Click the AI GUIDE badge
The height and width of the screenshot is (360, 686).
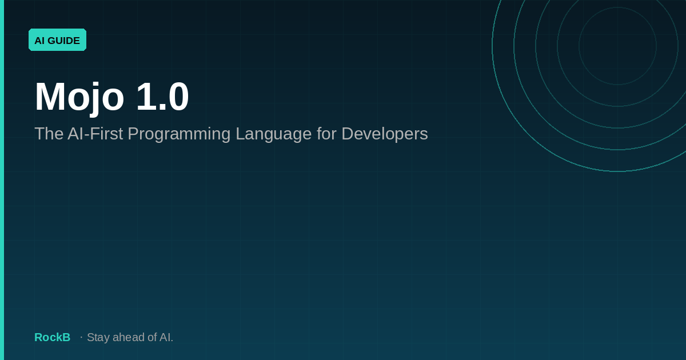pyautogui.click(x=57, y=40)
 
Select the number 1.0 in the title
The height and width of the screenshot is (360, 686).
pyautogui.click(x=162, y=96)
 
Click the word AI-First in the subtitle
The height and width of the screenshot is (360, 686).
pyautogui.click(x=95, y=134)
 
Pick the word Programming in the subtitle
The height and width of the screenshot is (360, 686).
pyautogui.click(x=179, y=135)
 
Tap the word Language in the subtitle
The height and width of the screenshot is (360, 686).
pyautogui.click(x=273, y=135)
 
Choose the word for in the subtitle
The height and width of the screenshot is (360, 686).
pyautogui.click(x=326, y=134)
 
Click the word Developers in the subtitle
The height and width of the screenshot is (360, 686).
pyautogui.click(x=385, y=135)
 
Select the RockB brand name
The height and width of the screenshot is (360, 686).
pyautogui.click(x=53, y=337)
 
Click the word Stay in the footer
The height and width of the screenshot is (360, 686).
pyautogui.click(x=98, y=338)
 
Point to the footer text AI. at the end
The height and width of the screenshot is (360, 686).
pyautogui.click(x=166, y=337)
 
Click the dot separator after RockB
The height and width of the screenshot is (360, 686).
pyautogui.click(x=81, y=337)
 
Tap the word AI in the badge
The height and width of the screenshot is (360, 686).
pyautogui.click(x=39, y=41)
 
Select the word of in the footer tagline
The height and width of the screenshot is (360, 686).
pyautogui.click(x=152, y=337)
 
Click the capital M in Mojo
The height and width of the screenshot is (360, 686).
pyautogui.click(x=50, y=96)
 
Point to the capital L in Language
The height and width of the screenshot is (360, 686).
pyautogui.click(x=240, y=134)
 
